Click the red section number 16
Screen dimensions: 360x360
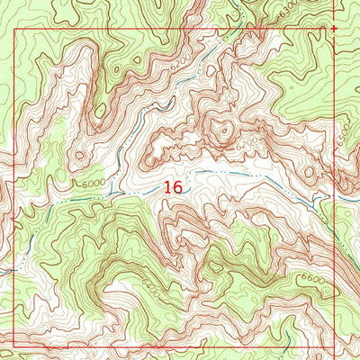(x=173, y=187)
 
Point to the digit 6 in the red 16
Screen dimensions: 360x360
(x=178, y=187)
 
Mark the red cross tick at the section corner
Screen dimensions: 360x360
(x=335, y=29)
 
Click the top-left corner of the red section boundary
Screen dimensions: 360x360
(x=15, y=30)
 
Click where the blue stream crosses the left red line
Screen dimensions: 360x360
(x=14, y=266)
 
